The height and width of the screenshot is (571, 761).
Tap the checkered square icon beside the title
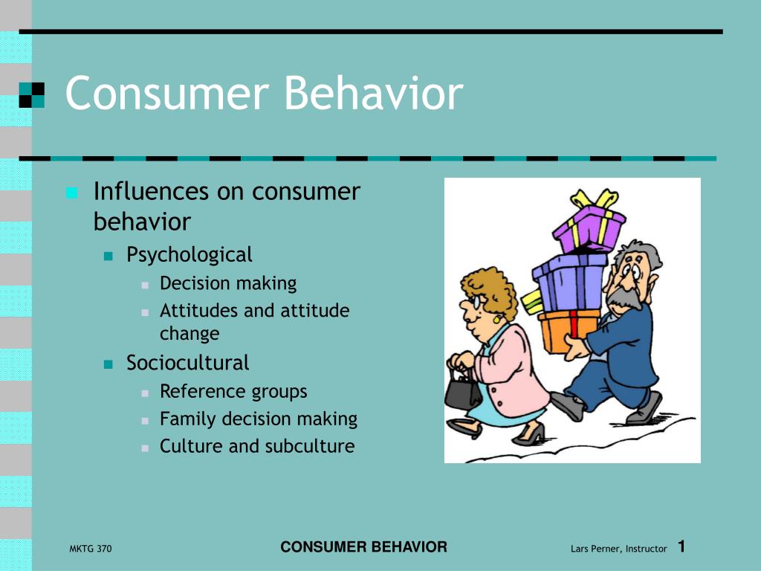pos(31,94)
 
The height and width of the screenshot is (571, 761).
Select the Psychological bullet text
pos(189,255)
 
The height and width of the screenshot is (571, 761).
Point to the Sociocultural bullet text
pos(187,363)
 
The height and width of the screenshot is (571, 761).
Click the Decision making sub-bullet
pos(228,283)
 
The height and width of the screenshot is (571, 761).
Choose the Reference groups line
pos(233,391)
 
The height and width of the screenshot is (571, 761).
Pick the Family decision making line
pos(258,419)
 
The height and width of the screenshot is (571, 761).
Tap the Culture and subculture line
pos(257,446)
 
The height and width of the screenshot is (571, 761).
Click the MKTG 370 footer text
pos(85,549)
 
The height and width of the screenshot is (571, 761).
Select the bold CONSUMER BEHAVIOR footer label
pos(363,547)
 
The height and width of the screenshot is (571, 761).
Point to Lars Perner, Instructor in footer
pos(618,549)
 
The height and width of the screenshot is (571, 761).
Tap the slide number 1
pos(681,547)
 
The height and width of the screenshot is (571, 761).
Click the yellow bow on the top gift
pos(594,200)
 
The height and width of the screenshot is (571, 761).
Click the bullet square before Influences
pos(71,193)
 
